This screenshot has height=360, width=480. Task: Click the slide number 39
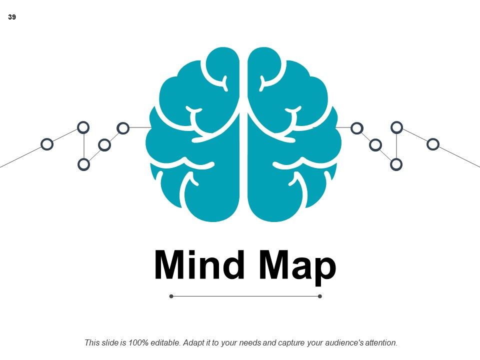point(12,17)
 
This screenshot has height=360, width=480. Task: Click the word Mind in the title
point(199,264)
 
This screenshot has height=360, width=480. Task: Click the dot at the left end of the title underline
point(171,296)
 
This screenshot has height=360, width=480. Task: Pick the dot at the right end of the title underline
point(320,296)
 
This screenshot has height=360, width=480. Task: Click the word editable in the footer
point(165,342)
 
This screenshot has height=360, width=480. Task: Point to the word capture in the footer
point(288,343)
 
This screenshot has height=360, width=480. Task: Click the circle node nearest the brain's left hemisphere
point(123,128)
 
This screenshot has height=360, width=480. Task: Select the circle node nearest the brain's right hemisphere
point(357,128)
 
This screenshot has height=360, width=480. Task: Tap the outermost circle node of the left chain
point(47,144)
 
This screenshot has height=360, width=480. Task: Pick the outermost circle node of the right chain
point(433,144)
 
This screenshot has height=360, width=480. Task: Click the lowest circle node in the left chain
point(83,164)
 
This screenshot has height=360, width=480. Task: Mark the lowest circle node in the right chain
point(396,164)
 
